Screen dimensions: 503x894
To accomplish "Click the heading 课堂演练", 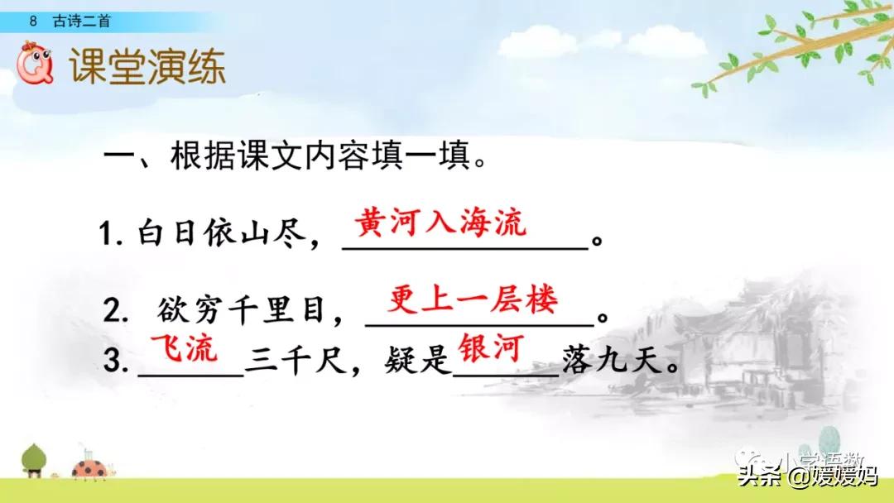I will tap(147, 67).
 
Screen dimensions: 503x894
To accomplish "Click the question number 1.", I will tap(107, 238).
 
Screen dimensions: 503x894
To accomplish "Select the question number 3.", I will tap(113, 363).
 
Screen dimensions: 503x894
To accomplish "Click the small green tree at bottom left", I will tap(34, 459).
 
